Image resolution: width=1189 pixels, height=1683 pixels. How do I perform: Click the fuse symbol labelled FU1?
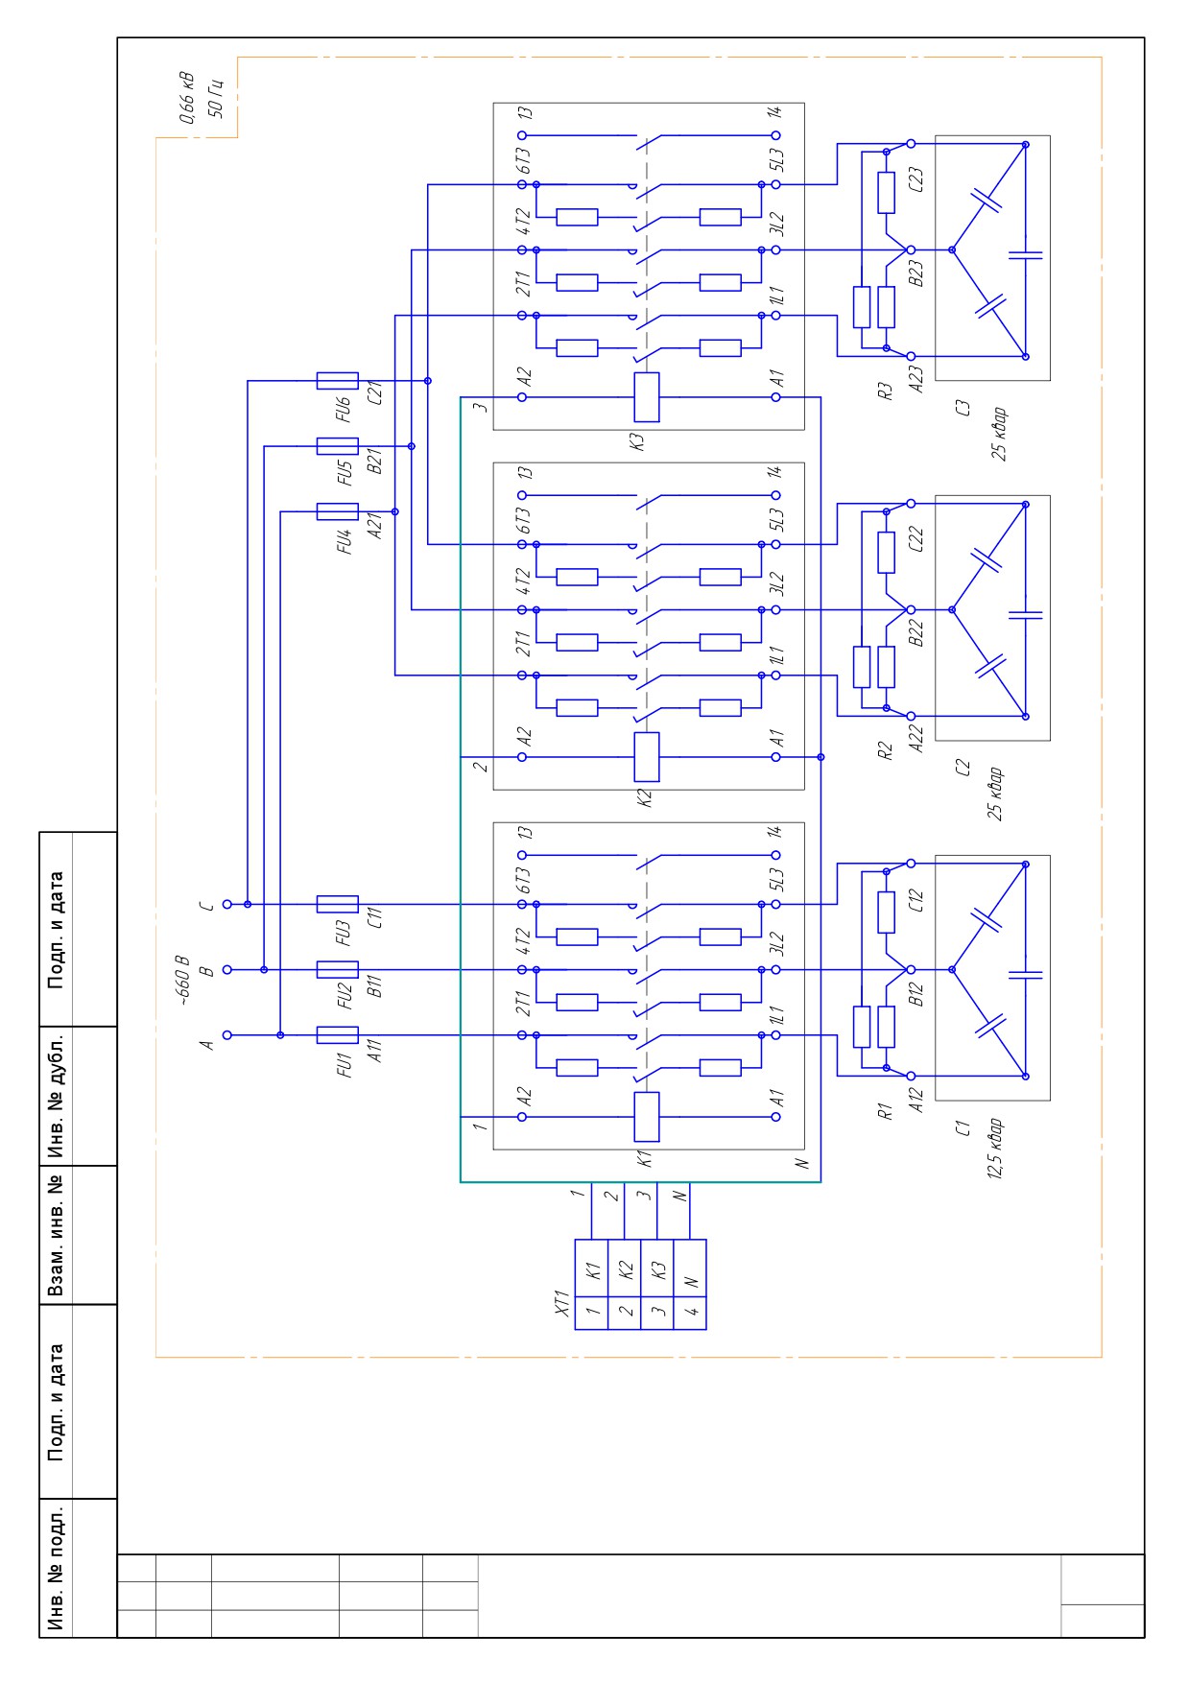coord(337,1035)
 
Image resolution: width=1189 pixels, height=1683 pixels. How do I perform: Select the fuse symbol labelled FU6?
coord(337,381)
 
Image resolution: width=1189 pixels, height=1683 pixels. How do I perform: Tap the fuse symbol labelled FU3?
coord(337,904)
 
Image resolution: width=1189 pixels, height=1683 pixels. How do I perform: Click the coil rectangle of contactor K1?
coord(647,1117)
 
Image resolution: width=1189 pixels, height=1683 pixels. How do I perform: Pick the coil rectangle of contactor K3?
coord(647,397)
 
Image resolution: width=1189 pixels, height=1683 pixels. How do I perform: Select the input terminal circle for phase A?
coord(227,1035)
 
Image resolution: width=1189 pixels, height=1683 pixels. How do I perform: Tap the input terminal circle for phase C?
coord(227,904)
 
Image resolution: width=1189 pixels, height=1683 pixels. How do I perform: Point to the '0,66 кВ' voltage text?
coord(187,97)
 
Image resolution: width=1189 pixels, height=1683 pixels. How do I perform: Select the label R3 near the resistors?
coord(886,391)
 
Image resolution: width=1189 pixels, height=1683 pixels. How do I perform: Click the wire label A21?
coord(376,526)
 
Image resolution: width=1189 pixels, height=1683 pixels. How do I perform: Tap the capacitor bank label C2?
coord(963,768)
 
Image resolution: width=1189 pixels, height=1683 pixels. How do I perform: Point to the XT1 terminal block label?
coord(563,1304)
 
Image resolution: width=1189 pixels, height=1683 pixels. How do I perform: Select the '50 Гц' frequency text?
coord(216,97)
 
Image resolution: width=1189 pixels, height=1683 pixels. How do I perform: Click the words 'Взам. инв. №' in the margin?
coord(57,1235)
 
